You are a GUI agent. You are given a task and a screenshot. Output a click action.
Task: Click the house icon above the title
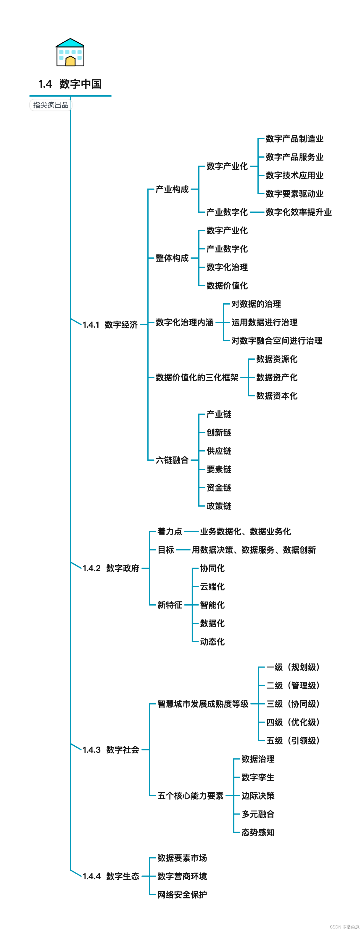tap(70, 53)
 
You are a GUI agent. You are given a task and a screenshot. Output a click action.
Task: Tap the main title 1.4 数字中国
tap(70, 84)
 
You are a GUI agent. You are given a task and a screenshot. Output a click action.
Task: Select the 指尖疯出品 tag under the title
tap(51, 105)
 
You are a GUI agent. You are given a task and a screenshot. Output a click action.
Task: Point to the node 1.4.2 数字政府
tap(111, 568)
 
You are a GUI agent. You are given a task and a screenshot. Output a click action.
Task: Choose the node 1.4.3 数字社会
tap(111, 750)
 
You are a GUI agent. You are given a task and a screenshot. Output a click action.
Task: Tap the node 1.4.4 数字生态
tap(111, 876)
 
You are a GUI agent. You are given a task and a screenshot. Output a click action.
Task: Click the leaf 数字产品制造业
tap(294, 139)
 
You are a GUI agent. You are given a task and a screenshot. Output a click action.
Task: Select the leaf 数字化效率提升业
tap(299, 212)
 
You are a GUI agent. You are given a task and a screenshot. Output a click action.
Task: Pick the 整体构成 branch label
tap(172, 258)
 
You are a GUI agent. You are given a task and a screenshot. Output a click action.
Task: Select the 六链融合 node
tap(172, 460)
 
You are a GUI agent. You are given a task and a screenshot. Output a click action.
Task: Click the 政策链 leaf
tap(219, 506)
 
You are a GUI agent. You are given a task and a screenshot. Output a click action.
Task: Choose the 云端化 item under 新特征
tap(212, 587)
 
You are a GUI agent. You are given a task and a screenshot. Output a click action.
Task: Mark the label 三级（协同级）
tap(293, 704)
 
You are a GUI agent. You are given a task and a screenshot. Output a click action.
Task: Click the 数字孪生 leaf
tap(258, 777)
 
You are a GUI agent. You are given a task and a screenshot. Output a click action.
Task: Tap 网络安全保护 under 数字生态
tap(182, 895)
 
